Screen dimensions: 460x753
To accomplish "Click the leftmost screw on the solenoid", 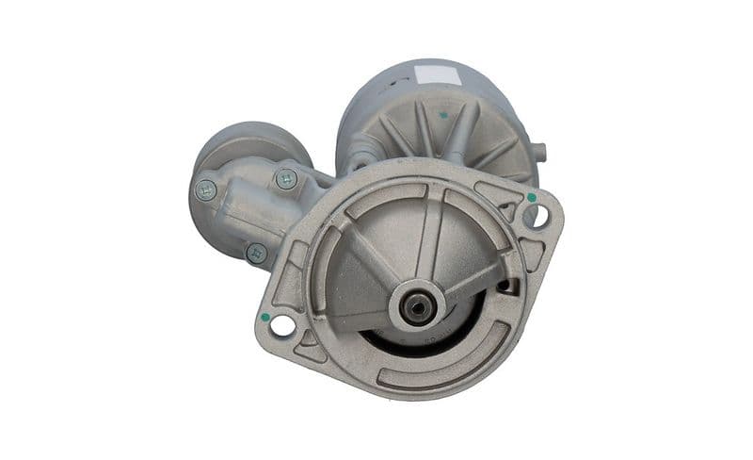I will (205, 189).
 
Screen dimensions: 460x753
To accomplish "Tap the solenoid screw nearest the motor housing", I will (286, 178).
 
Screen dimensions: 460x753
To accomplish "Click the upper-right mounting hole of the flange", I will (537, 216).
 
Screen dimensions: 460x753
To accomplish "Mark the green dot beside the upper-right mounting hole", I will (532, 198).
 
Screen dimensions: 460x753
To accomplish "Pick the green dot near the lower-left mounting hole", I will (265, 317).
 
